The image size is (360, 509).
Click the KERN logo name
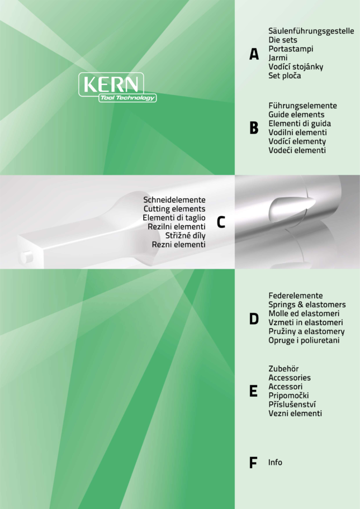(x=111, y=84)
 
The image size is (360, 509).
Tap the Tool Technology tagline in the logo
(x=127, y=98)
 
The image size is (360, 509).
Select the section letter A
(x=254, y=54)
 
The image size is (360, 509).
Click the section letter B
(x=254, y=128)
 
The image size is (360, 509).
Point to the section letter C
(x=221, y=222)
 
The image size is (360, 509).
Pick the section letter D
(x=254, y=319)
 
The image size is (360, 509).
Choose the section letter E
(x=253, y=391)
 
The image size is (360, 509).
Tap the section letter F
(x=253, y=463)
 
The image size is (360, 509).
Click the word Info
(x=275, y=462)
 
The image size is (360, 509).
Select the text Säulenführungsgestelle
(x=311, y=31)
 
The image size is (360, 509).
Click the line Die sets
(x=283, y=40)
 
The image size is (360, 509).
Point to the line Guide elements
(x=296, y=115)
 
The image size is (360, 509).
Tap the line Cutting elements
(x=174, y=209)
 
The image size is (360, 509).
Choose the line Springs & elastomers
(x=307, y=305)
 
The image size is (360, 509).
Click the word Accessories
(x=290, y=378)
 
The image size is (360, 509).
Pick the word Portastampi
(x=291, y=49)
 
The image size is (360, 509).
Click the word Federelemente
(x=296, y=296)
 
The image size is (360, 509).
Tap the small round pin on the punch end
(x=27, y=257)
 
